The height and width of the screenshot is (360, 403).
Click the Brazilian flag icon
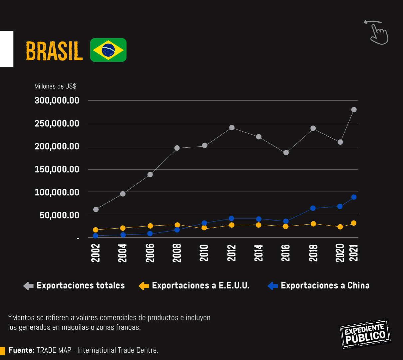pyautogui.click(x=108, y=50)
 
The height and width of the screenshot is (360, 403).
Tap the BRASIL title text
pyautogui.click(x=54, y=51)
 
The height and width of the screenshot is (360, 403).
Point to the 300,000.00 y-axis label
pyautogui.click(x=57, y=100)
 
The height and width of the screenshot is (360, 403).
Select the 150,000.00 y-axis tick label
pyautogui.click(x=57, y=169)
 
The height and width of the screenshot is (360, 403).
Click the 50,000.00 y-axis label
pyautogui.click(x=59, y=215)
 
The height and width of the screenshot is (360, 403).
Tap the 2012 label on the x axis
pyautogui.click(x=231, y=253)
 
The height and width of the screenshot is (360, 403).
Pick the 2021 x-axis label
pyautogui.click(x=354, y=253)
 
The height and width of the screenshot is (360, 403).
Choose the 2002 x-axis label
pyautogui.click(x=96, y=253)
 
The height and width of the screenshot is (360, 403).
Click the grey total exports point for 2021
pyautogui.click(x=354, y=110)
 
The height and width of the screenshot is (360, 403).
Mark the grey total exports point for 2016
pyautogui.click(x=286, y=153)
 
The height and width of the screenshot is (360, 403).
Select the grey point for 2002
pyautogui.click(x=96, y=209)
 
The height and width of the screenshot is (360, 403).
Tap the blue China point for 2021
pyautogui.click(x=354, y=197)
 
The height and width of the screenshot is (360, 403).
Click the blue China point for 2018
pyautogui.click(x=313, y=208)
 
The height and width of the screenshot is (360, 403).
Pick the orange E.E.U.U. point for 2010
pyautogui.click(x=204, y=228)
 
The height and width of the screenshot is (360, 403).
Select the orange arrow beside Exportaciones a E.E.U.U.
pyautogui.click(x=144, y=286)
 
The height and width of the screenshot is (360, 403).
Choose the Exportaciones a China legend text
pyautogui.click(x=325, y=285)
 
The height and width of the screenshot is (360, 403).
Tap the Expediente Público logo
pyautogui.click(x=365, y=334)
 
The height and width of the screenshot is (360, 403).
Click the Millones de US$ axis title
pyautogui.click(x=55, y=86)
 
